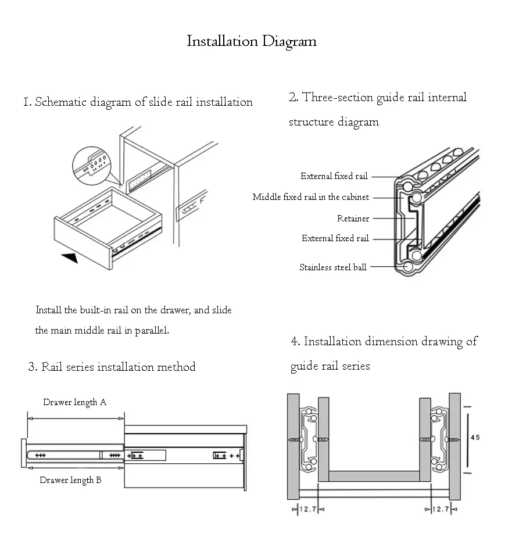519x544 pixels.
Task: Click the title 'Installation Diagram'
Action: point(252,41)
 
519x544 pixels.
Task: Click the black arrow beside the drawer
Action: point(70,258)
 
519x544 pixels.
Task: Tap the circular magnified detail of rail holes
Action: point(92,166)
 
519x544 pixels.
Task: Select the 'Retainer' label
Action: point(353,219)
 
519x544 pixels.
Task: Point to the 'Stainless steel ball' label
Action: point(332,267)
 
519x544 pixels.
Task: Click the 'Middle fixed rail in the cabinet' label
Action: point(310,197)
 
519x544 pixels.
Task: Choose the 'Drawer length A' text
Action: point(74,402)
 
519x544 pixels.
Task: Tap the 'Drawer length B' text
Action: point(70,481)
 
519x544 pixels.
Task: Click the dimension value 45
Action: point(475,438)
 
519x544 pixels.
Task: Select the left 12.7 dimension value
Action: point(308,509)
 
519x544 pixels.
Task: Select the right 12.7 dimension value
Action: point(441,509)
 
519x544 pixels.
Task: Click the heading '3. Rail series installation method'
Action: point(112,367)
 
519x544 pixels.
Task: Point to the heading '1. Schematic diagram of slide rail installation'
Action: point(138,102)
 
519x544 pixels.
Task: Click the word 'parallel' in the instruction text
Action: point(152,331)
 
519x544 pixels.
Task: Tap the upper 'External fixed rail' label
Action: point(334,176)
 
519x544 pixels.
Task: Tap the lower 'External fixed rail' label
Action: point(335,238)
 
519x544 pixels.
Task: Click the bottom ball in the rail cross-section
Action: point(408,267)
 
